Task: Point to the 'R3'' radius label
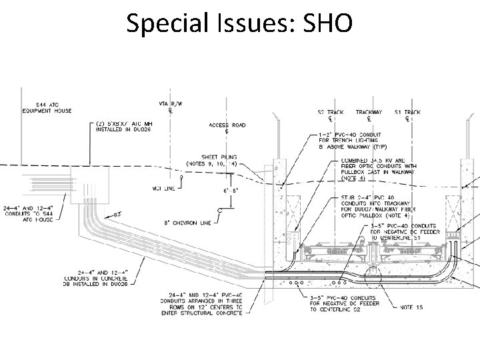[x=116, y=214]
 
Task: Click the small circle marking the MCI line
[x=182, y=179]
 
